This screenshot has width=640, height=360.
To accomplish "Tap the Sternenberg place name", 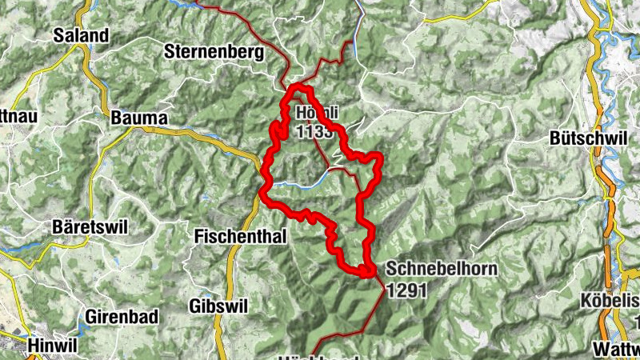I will pos(213,53).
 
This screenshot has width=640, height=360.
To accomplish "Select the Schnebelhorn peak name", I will pos(441,270).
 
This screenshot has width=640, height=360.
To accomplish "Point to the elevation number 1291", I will pos(408,291).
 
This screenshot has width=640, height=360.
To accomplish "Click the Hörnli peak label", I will pos(317,113).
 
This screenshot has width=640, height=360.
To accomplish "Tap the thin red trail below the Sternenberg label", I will pos(276,67).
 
